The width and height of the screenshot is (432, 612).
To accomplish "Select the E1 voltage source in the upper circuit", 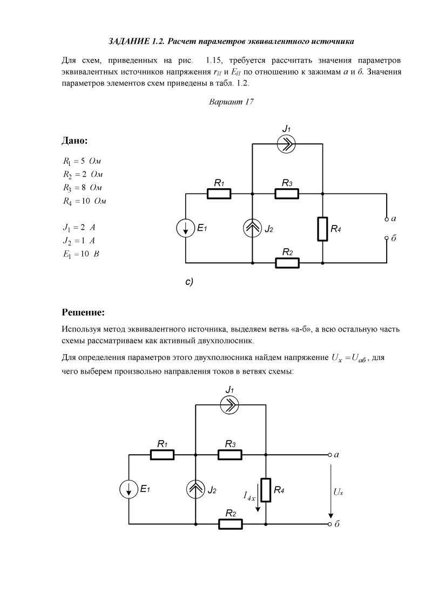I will tap(185, 229).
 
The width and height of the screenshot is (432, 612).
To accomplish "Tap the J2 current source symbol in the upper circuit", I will tap(252, 229).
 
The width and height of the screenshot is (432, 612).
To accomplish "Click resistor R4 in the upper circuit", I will tap(322, 229).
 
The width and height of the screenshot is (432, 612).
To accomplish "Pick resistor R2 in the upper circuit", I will tap(287, 263).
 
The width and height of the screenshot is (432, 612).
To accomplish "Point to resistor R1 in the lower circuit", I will tap(162, 455).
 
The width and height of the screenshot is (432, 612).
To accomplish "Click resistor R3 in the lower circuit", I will tap(230, 455).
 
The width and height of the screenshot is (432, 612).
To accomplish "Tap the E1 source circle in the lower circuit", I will tap(129, 490).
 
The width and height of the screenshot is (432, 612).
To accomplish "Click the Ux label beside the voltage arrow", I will tap(339, 492).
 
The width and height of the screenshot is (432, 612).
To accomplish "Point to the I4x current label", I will tap(249, 495).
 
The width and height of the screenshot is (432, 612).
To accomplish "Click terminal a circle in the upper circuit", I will tap(387, 219).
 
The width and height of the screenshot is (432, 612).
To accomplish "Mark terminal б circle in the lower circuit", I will tap(329, 524).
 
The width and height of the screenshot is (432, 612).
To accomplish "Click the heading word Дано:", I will tap(75, 141).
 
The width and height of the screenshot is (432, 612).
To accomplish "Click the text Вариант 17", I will tap(231, 102).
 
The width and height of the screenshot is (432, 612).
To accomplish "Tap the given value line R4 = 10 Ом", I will tap(84, 201).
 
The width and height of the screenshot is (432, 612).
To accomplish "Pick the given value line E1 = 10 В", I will tap(81, 254).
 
